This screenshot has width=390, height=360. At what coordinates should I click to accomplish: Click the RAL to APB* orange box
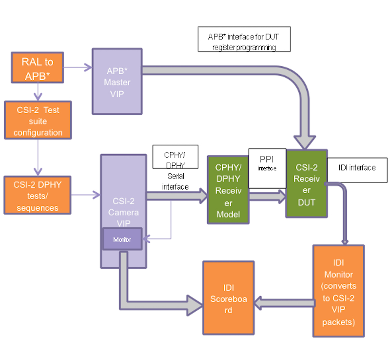pos(38,68)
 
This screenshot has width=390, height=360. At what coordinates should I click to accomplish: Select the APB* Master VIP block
pos(117,82)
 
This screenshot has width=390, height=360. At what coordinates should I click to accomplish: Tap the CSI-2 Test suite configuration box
pos(38,121)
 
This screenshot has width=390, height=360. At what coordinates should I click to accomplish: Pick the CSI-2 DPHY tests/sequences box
pos(37,195)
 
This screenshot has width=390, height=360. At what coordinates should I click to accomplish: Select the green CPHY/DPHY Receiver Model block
pos(228,190)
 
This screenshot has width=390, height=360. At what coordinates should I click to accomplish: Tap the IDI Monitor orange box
pos(338,291)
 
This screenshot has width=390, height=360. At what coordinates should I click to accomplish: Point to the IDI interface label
pos(357,168)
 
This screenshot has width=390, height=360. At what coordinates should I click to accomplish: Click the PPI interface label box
pos(267,168)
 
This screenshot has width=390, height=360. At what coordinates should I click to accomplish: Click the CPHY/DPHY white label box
pos(175,157)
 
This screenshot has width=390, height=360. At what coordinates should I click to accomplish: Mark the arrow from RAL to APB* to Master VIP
pos(77,68)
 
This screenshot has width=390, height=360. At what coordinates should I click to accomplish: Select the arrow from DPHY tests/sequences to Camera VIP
pos(85,195)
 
